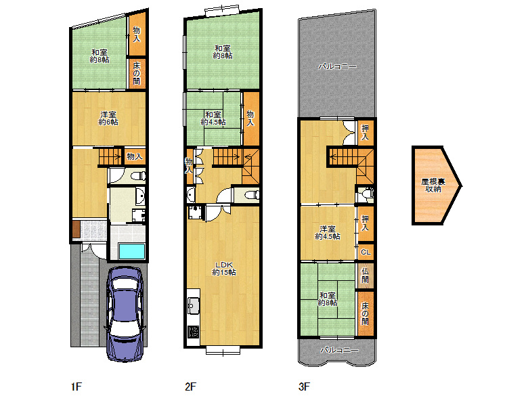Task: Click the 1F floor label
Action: tap(76, 387)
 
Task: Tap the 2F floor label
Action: tap(190, 387)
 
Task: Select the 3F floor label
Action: tap(304, 387)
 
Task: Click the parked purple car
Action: tap(126, 314)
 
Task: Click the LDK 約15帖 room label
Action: tap(224, 269)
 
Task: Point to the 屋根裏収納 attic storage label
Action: tap(433, 185)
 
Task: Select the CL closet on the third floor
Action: tap(366, 252)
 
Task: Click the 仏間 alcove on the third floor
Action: tap(365, 276)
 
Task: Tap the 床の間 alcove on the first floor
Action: tap(136, 73)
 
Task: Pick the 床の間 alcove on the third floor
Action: tap(366, 313)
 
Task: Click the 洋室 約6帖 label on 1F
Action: tap(108, 118)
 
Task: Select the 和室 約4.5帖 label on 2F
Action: tap(213, 118)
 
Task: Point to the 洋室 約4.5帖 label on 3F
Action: tap(328, 233)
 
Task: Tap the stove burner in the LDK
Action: tap(194, 332)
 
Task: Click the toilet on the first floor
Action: tap(139, 176)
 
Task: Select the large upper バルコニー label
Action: tap(337, 66)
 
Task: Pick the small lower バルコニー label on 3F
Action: tap(339, 350)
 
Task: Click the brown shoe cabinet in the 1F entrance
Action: tap(76, 229)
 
